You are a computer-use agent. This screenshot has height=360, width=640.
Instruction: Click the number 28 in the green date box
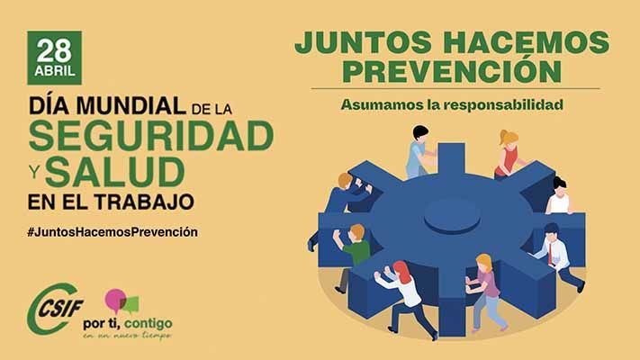click(54, 51)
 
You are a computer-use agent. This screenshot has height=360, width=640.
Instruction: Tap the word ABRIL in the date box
click(55, 71)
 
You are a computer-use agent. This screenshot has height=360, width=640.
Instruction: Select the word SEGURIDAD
click(151, 136)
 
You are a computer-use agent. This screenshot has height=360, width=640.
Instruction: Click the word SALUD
click(115, 172)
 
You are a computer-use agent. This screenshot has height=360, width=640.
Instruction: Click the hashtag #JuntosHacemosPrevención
click(113, 232)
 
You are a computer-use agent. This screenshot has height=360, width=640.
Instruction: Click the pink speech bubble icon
click(114, 300)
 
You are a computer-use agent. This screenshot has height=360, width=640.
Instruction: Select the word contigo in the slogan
click(148, 324)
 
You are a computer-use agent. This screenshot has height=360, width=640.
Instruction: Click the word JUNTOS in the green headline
click(364, 42)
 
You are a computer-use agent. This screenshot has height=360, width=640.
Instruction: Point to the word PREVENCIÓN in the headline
click(452, 71)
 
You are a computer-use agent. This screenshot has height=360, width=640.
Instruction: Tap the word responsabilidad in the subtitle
click(503, 104)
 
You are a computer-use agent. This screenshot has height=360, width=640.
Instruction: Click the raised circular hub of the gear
click(452, 215)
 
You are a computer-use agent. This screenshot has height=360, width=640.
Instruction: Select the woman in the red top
click(508, 155)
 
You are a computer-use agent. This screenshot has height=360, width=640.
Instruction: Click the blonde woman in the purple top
click(487, 292)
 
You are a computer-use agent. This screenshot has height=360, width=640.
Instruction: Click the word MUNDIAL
click(131, 106)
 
